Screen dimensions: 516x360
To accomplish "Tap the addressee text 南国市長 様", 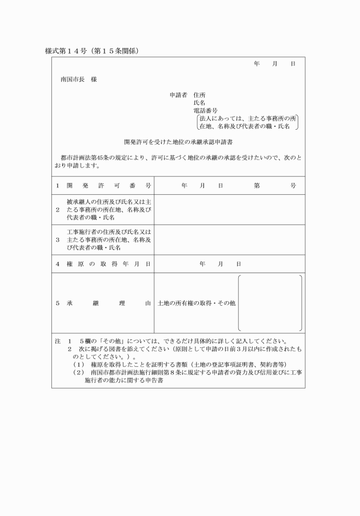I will point(78,79).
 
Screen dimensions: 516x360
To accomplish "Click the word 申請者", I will point(179,94).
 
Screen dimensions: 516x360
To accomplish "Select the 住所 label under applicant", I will point(199,94).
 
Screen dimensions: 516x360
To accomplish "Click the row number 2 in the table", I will point(57,210).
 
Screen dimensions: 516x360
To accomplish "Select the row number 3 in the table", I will point(57,239).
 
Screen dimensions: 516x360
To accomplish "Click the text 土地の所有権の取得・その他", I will point(196,303).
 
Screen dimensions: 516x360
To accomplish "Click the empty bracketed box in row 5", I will point(270,303).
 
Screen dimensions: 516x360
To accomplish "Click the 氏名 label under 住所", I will point(199,102).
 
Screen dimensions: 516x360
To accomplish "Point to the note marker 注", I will point(57,341).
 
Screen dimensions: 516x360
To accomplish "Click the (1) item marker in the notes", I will point(78,364).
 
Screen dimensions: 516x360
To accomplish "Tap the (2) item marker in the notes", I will point(78,372).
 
